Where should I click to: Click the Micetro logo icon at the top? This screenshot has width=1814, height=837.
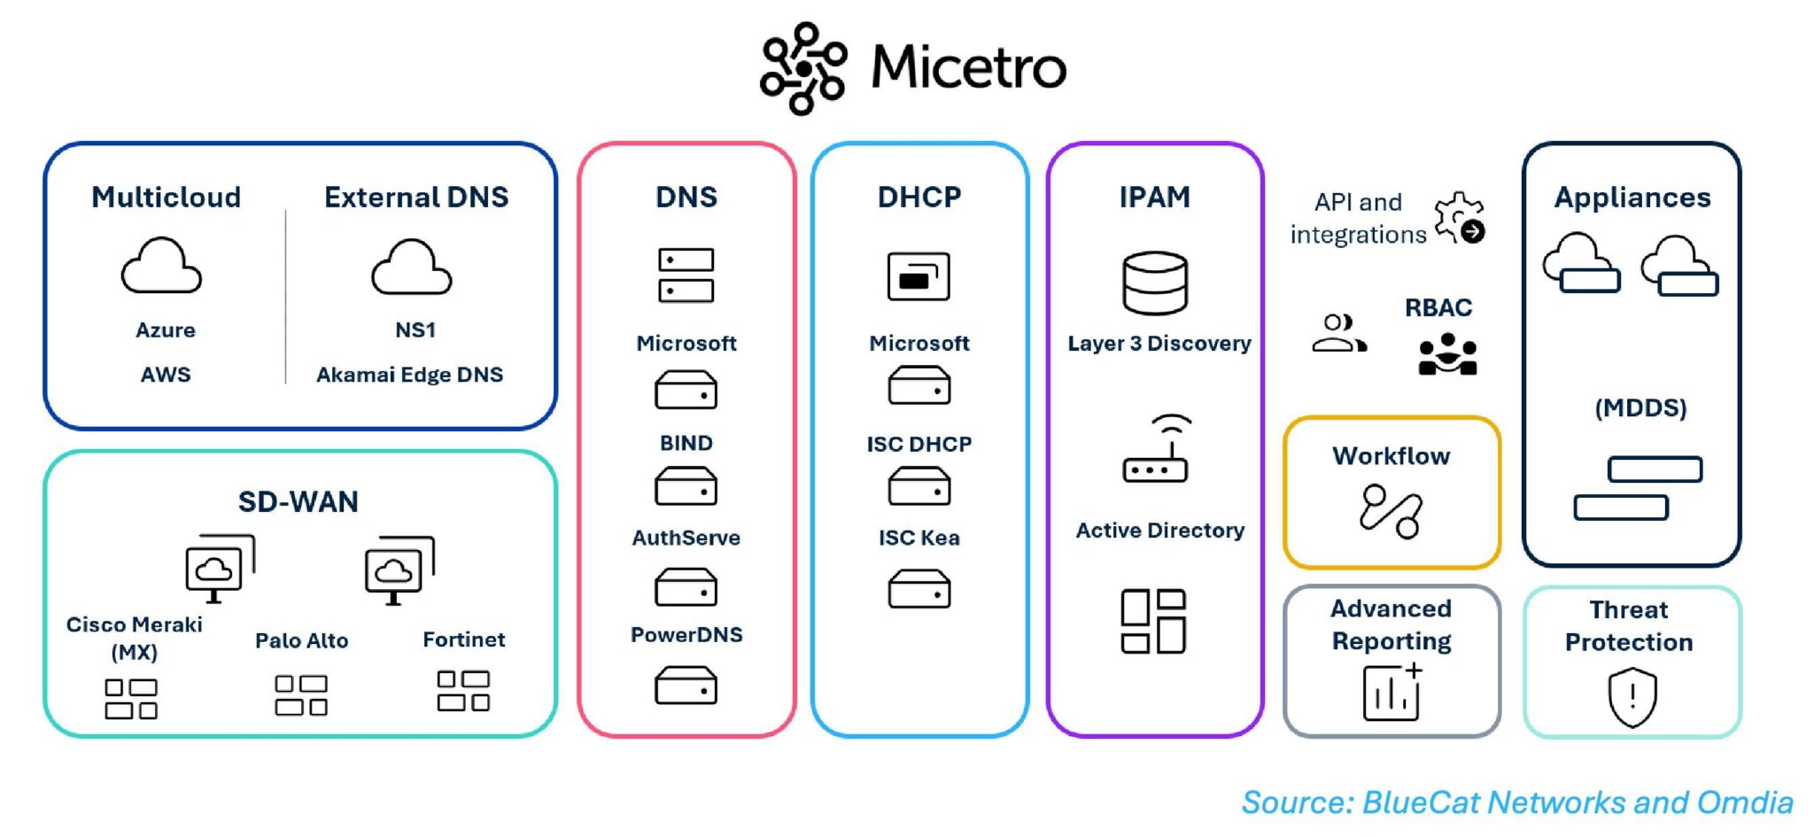802,69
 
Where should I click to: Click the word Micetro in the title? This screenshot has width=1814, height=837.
968,67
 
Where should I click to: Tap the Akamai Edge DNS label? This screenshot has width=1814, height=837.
409,375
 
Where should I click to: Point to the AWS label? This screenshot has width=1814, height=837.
166,375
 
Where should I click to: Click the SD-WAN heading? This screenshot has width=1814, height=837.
298,502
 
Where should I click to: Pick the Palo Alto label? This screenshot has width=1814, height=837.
301,640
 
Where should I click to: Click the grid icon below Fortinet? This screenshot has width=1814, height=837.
463,691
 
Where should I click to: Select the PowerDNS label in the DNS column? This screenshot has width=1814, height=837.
686,635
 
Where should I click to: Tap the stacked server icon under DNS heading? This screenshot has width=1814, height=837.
686,275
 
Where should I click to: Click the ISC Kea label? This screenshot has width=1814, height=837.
919,538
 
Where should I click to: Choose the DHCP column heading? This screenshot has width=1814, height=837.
919,197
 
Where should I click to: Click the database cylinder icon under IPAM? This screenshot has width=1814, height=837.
1154,283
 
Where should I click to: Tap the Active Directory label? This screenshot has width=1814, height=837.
1159,531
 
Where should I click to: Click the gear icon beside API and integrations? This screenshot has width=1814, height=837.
1459,218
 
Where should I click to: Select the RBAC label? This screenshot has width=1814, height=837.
1438,308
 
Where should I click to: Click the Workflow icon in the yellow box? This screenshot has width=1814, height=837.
1391,511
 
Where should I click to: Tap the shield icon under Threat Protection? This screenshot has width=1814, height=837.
1632,697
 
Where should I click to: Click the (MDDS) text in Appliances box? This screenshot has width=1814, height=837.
1640,408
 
